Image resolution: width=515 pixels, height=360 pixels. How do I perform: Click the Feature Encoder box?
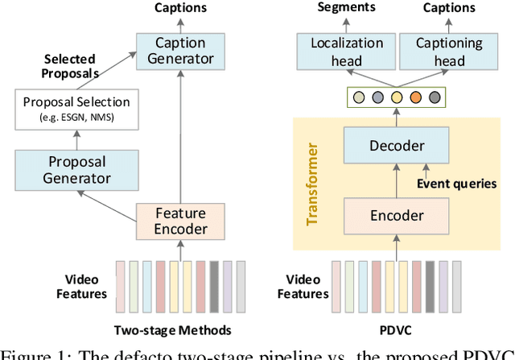pyautogui.click(x=181, y=221)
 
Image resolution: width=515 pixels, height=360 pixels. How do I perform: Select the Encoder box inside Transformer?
pyautogui.click(x=396, y=215)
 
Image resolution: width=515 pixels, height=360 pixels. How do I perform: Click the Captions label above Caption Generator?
pyautogui.click(x=181, y=7)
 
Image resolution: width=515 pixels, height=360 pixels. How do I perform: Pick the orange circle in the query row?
pyautogui.click(x=416, y=98)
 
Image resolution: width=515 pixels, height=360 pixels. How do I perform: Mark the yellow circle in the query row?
pyautogui.click(x=396, y=98)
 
